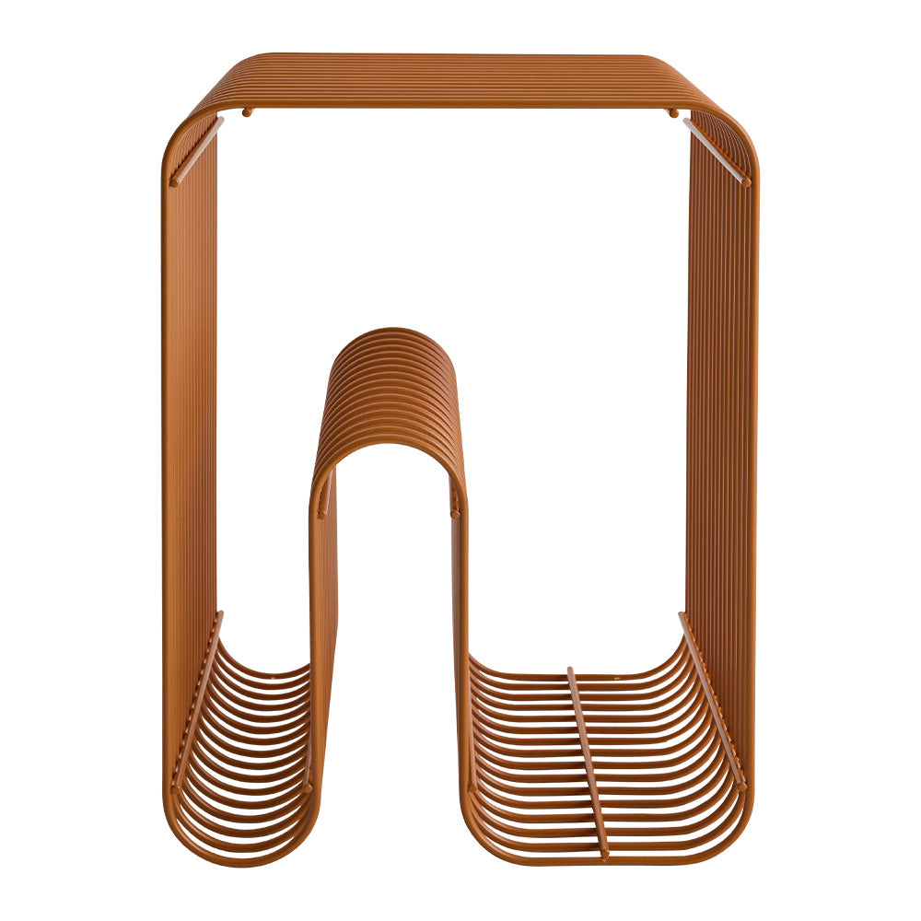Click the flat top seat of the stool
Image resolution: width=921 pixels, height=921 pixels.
pos(460,78)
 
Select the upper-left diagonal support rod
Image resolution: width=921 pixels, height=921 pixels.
pos(196,151)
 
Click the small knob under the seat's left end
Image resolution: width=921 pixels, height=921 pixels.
pos(247,112)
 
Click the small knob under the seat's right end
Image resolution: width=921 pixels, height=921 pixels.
pos(672,112)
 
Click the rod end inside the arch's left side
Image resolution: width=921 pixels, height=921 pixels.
pos(324,507)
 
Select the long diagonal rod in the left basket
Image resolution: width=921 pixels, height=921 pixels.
pos(197,700)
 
